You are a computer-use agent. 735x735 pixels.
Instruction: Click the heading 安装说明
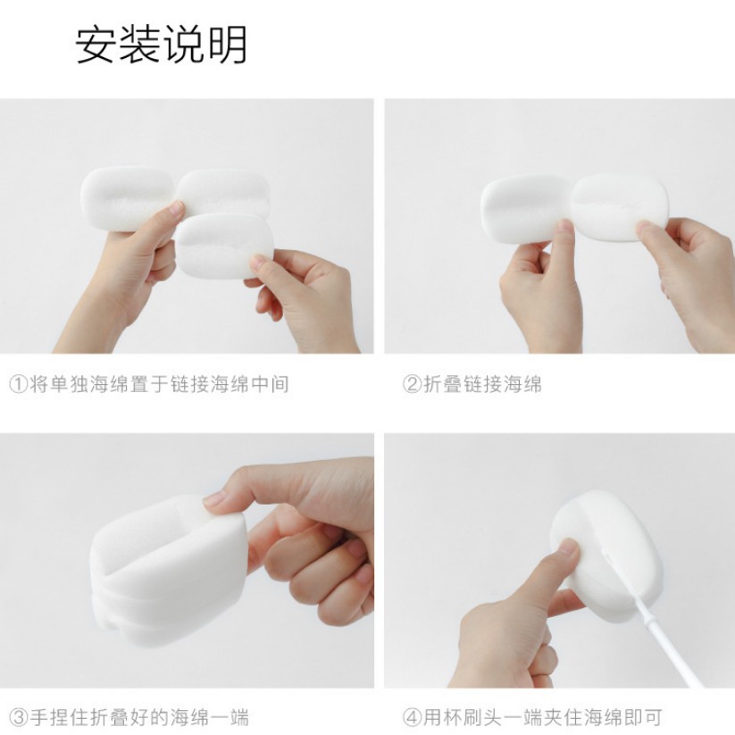coord(161,45)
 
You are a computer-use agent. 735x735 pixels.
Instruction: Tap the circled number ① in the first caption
coord(19,384)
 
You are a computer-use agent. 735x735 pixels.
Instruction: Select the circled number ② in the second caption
coord(412,384)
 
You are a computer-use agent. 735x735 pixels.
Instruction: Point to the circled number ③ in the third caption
coord(19,718)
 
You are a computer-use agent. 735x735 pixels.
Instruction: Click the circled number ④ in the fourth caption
coord(412,718)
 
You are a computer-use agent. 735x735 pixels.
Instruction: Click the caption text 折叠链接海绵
coord(482,384)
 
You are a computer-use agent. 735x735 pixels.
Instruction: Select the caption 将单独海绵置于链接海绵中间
coord(159,384)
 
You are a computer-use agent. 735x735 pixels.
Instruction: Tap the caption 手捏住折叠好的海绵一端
coord(139,718)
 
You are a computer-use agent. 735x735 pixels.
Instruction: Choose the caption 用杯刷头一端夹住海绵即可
coord(543,718)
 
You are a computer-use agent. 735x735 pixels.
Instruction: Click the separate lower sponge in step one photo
coord(224,246)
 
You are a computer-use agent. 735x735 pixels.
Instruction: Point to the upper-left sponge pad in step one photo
coord(128,196)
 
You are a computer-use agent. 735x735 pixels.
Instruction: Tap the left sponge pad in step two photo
coord(526,208)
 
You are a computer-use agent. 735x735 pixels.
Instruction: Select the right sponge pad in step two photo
coord(619,206)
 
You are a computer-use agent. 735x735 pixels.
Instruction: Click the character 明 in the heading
coord(228,45)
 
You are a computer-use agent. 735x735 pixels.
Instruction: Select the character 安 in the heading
coord(96,45)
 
